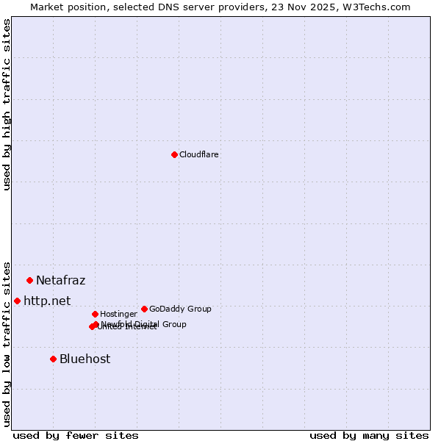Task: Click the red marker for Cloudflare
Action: click(174, 154)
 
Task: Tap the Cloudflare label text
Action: click(198, 155)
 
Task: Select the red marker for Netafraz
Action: click(30, 280)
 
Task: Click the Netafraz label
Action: click(60, 281)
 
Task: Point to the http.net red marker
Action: click(17, 301)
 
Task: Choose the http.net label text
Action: click(47, 301)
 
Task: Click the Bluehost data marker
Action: click(53, 359)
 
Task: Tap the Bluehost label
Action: click(85, 359)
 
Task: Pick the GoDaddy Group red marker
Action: click(144, 309)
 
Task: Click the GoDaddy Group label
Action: click(180, 309)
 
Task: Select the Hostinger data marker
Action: click(95, 314)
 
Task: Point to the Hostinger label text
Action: click(118, 315)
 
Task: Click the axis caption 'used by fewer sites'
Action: click(76, 435)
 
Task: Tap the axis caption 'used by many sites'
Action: click(369, 435)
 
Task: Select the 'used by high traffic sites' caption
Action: click(7, 104)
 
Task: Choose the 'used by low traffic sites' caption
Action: click(7, 343)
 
